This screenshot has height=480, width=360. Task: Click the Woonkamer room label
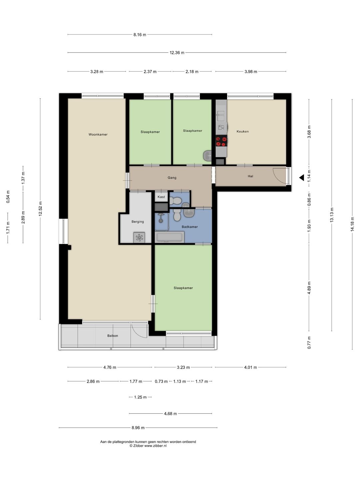click(x=98, y=134)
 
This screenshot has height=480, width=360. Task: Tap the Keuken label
click(x=243, y=131)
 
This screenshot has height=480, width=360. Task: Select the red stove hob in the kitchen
click(x=221, y=141)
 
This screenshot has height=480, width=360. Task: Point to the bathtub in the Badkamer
click(x=169, y=237)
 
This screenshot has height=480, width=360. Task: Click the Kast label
click(x=161, y=197)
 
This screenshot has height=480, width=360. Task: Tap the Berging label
click(x=138, y=222)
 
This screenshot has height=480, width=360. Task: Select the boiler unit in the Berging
click(x=139, y=237)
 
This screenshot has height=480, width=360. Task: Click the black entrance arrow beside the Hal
click(x=302, y=178)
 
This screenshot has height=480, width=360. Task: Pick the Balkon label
click(x=113, y=336)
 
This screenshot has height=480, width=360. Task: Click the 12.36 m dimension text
click(x=177, y=52)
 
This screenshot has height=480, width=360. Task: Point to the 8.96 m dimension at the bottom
click(x=138, y=428)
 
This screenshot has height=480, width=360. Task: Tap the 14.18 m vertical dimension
click(x=352, y=224)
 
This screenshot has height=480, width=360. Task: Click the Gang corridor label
click(x=172, y=178)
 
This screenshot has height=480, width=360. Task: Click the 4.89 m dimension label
click(x=309, y=288)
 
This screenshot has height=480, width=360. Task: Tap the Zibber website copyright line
click(x=148, y=446)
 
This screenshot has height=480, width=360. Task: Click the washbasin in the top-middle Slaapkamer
click(x=207, y=156)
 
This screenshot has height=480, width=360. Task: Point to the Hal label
click(x=250, y=176)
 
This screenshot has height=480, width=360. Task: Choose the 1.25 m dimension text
click(x=140, y=397)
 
